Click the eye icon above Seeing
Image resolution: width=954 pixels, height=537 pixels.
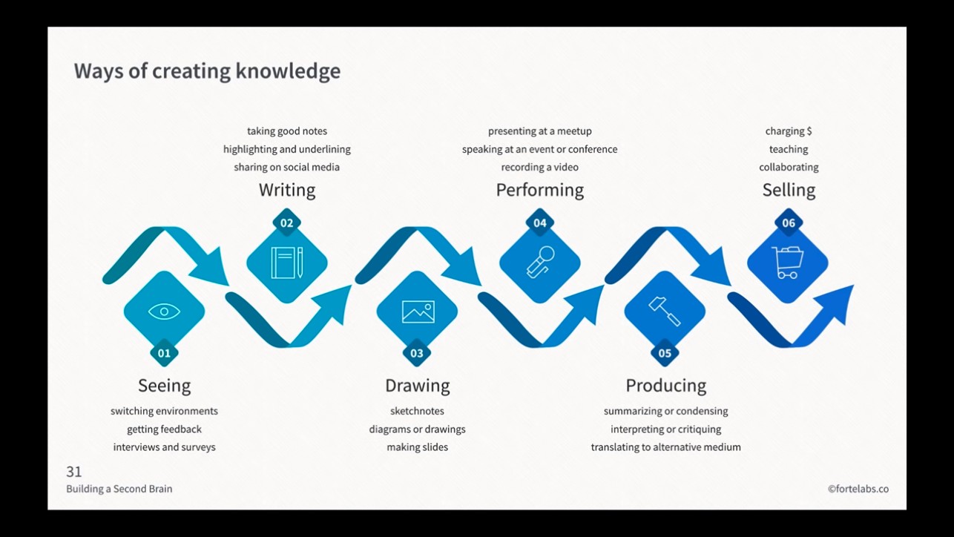pos(164,311)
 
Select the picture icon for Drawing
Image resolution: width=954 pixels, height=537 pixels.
pos(418,312)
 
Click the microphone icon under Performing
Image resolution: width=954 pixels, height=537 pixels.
pos(540,263)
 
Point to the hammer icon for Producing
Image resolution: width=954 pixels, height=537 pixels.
pos(665,311)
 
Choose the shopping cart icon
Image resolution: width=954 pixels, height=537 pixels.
pos(787,263)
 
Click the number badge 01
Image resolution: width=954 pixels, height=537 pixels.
pos(164,353)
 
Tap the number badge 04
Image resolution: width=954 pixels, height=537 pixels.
pos(540,223)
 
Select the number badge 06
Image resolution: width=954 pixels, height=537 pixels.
pos(788,223)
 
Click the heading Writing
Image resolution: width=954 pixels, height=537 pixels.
pos(287,190)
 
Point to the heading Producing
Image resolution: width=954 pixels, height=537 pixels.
pos(665,386)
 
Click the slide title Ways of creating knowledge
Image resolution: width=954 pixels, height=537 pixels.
pos(207,71)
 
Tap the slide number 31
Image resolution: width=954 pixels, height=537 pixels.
pos(74,472)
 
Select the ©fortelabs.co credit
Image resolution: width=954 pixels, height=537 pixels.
pos(858,489)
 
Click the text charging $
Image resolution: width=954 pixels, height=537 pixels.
pos(789,131)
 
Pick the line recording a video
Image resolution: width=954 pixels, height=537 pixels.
pos(539,168)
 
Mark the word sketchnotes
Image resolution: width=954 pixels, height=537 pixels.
pos(417,411)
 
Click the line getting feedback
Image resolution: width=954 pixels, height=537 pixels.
pos(164,429)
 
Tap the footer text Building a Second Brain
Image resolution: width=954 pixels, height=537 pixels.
pos(119,489)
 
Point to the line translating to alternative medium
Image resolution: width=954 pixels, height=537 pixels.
pos(665,447)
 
